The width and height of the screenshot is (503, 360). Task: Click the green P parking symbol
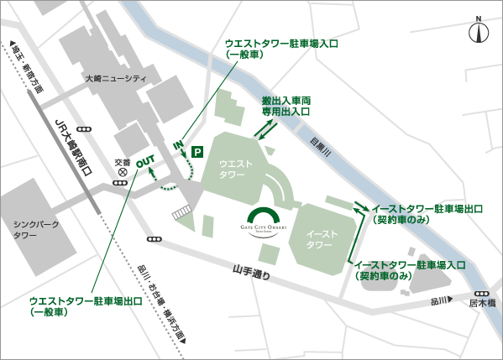pos(197,152)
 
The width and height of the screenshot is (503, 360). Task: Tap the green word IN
pos(179,144)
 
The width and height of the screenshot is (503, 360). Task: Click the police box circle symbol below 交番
pos(123,172)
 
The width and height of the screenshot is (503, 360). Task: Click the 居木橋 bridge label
pos(482,303)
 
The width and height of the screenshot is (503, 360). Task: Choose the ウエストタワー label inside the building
pos(232,169)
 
